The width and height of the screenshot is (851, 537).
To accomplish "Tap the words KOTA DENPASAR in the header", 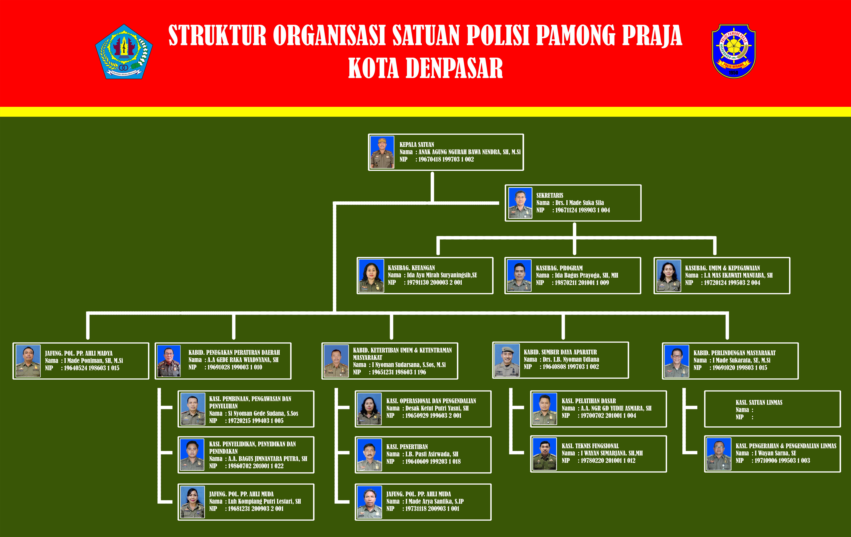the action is [425, 68].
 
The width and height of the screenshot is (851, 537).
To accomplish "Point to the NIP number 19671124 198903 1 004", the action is [582, 210].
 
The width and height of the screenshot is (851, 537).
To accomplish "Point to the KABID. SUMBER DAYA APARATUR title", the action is [560, 352].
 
